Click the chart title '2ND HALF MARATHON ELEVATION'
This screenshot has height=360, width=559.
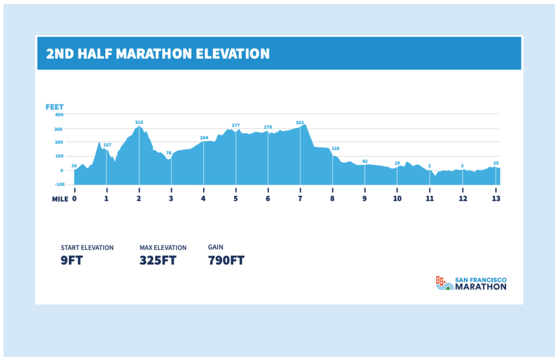pos(158,53)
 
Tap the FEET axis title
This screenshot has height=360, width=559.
pos(55,107)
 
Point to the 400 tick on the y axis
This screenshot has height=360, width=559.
pos(59,115)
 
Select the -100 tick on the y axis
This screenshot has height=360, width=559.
pos(59,184)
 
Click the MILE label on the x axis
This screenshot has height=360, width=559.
pos(60,199)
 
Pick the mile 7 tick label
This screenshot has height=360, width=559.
pos(300,199)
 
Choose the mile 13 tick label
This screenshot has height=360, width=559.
pos(496,199)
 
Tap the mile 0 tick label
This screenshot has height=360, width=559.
pos(74,199)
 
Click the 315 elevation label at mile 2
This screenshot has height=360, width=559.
pos(139,122)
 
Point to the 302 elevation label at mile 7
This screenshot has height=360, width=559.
pos(300,123)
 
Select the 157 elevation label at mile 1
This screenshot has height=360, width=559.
pos(107,145)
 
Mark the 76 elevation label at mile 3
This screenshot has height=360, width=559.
pos(169,153)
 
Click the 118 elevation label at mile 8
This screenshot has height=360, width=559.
pos(335,148)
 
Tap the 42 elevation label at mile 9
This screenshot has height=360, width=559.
pos(365,161)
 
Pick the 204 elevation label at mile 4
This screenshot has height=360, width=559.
pos(204,137)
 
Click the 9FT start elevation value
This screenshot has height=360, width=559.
pos(72,260)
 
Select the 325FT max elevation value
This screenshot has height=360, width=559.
pos(158,260)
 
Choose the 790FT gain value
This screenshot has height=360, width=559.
pos(226,260)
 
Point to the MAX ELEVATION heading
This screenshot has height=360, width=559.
pos(163,248)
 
